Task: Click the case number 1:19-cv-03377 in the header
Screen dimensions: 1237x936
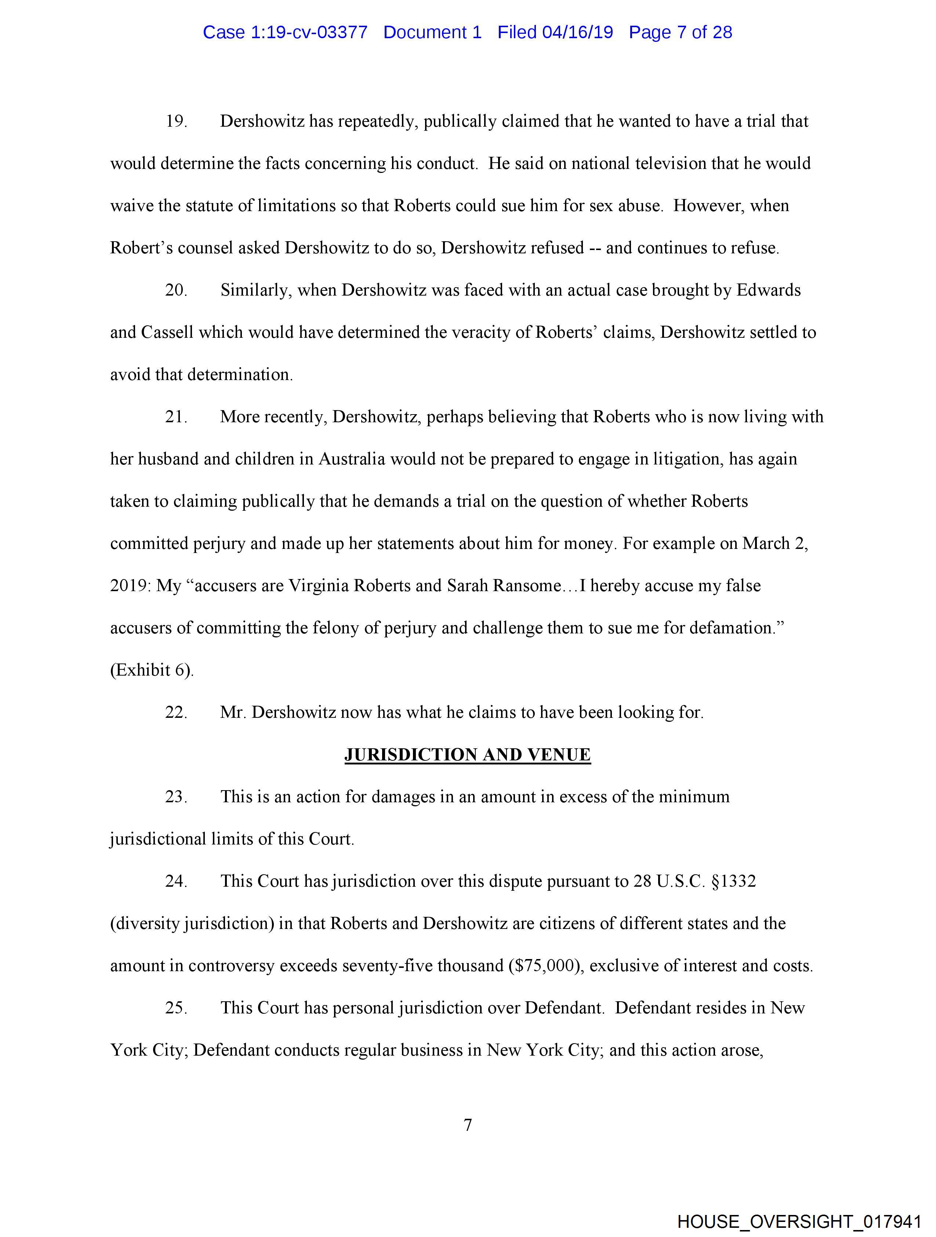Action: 309,32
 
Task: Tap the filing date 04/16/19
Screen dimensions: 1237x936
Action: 578,32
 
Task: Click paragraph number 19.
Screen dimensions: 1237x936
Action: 175,122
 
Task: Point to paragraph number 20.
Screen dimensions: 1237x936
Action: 175,290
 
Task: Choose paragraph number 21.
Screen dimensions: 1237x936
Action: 175,417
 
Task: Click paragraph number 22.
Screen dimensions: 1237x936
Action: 175,712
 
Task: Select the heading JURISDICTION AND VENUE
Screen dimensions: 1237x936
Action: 467,755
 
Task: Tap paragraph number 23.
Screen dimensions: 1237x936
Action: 175,796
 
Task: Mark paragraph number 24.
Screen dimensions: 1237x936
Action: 175,881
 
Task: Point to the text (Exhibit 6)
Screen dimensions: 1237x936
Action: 152,670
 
